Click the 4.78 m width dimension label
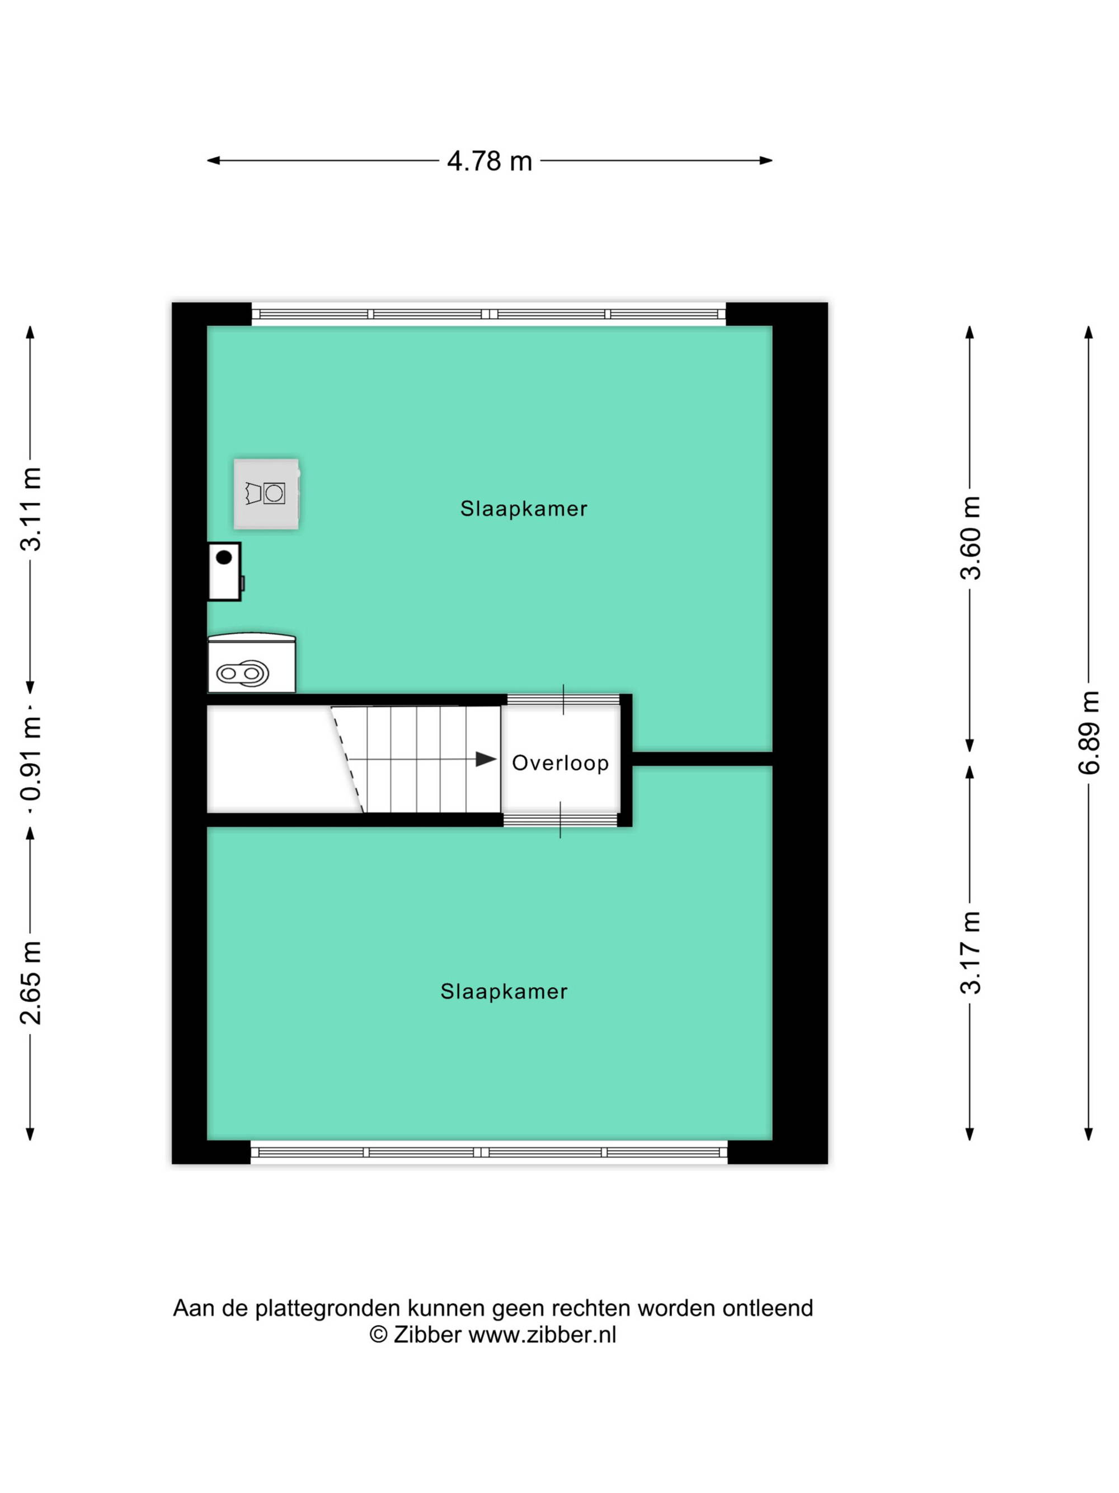[490, 161]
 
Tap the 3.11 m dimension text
[31, 509]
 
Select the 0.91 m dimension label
[31, 757]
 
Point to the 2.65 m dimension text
[31, 982]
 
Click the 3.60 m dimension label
[971, 538]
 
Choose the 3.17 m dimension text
[971, 952]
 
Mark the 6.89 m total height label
[1089, 732]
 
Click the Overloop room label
[560, 762]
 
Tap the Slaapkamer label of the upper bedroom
[524, 509]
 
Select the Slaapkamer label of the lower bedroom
[504, 991]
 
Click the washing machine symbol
[266, 493]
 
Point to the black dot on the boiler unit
[224, 558]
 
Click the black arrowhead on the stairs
[486, 759]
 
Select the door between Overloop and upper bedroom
[563, 699]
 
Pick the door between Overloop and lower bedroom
[561, 820]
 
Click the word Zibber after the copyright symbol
[427, 1335]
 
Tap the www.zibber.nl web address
[542, 1335]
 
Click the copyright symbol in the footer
[378, 1335]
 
